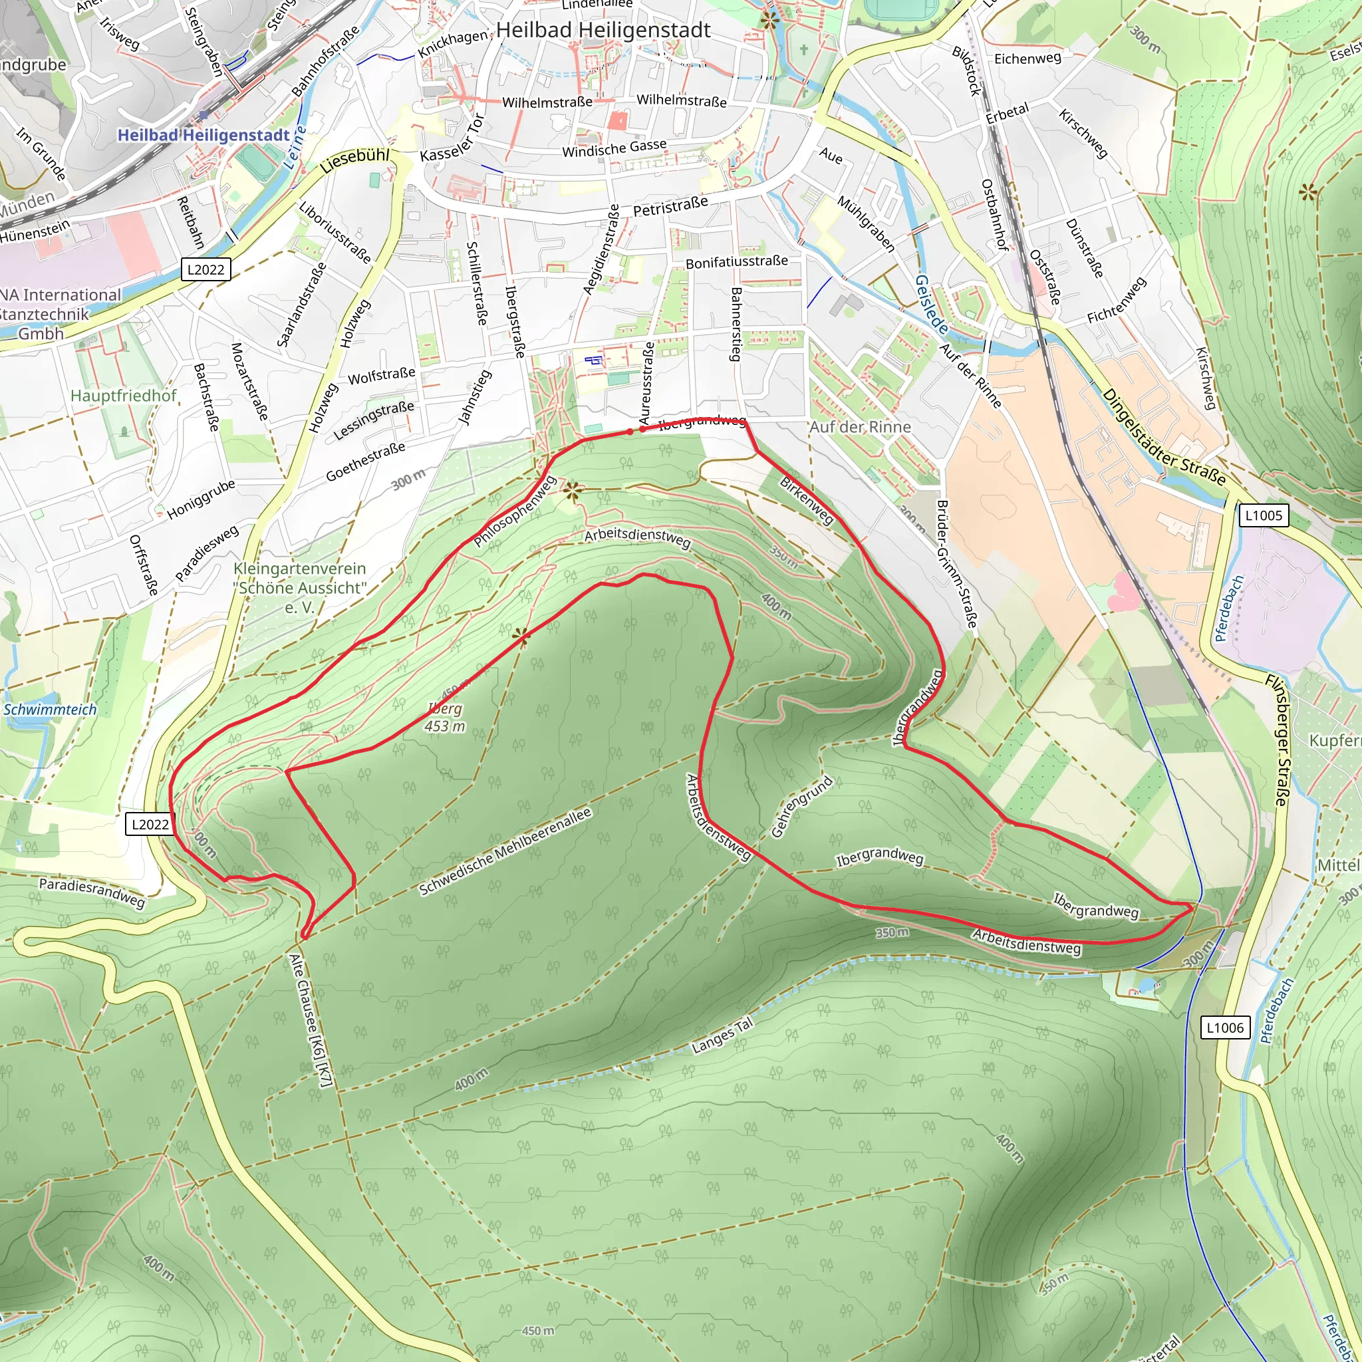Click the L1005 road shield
coord(1264,515)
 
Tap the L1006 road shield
coord(1224,1028)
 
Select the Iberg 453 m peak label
coord(445,717)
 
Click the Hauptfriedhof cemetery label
coord(124,396)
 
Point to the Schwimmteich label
coord(49,709)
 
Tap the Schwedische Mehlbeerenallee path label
coord(505,853)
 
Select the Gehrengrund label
coord(801,807)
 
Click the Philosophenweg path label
coord(515,512)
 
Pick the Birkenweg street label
coord(807,501)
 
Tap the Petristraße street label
coord(670,207)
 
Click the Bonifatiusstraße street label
coord(737,262)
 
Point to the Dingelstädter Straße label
coord(1163,437)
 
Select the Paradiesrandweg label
coord(92,892)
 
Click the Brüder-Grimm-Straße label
coord(956,563)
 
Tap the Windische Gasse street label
coord(614,149)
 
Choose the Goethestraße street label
coord(365,462)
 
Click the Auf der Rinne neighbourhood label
coord(860,427)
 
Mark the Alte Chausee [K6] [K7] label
coord(310,1020)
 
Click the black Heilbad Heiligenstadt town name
coord(603,31)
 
